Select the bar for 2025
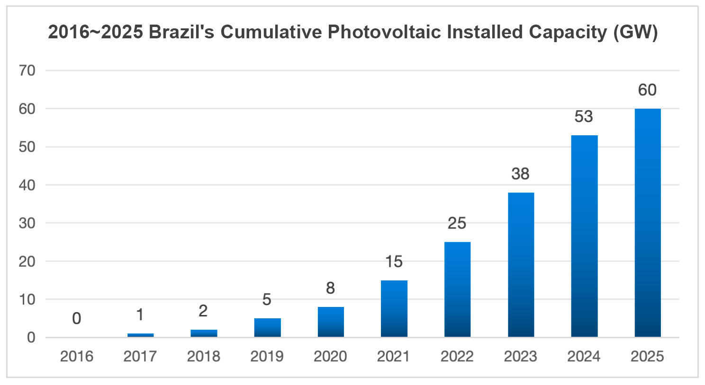point(647,222)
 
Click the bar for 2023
point(521,265)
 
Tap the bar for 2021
point(394,308)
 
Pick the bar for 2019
point(267,327)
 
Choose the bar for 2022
point(457,289)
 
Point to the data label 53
point(584,116)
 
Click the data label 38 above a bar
point(520,174)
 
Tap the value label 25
point(457,223)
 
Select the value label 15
point(394,262)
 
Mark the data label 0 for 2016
point(77,319)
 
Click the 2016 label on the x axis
point(77,356)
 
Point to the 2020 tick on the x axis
point(330,356)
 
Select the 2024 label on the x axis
point(584,356)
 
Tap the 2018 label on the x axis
point(203,356)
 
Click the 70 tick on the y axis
point(27,70)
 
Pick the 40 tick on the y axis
point(27,185)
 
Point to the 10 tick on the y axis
point(27,299)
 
